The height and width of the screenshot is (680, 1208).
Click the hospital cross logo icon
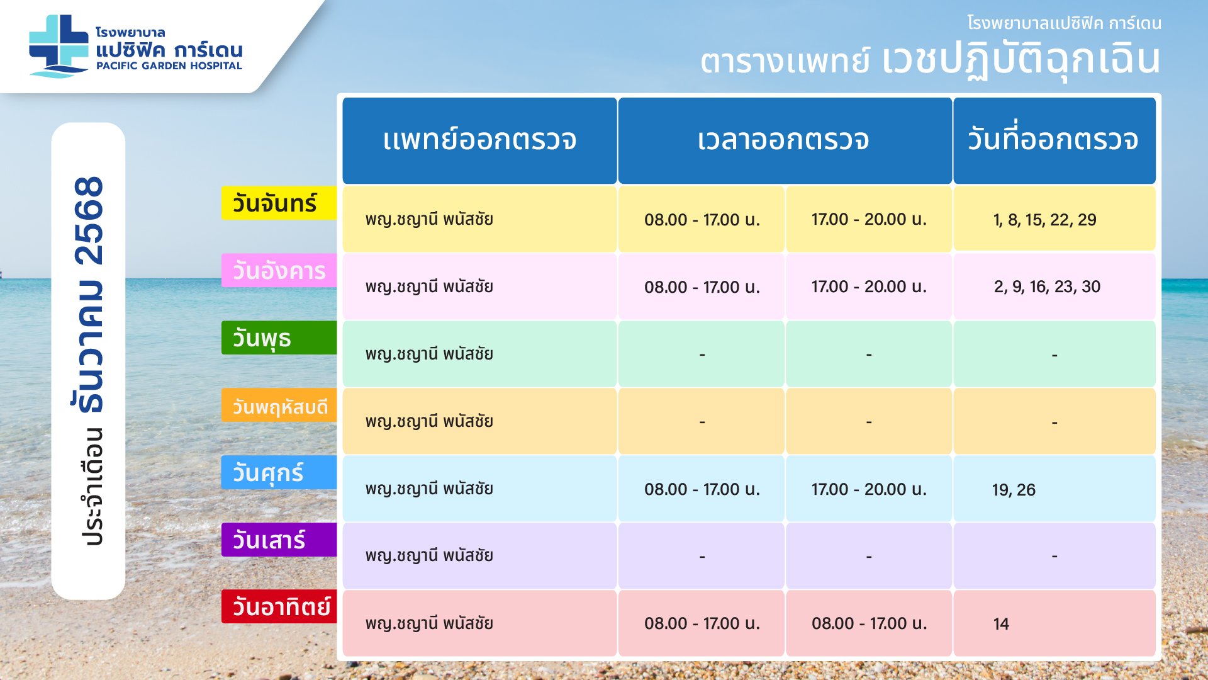(59, 46)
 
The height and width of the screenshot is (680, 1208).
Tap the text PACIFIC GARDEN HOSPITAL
(169, 65)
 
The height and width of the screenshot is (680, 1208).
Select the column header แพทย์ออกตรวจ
(479, 140)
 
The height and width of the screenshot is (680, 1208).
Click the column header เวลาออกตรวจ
(785, 140)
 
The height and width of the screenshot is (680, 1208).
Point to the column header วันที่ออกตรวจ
(1054, 140)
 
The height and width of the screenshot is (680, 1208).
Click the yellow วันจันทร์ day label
(279, 203)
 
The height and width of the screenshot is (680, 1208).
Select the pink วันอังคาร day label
(279, 271)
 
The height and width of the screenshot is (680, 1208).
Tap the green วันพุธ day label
(279, 338)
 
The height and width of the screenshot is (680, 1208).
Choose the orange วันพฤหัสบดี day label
(279, 405)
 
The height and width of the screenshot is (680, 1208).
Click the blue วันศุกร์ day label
(279, 473)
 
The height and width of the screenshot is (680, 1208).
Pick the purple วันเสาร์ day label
(279, 540)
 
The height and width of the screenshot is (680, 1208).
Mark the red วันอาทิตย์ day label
(279, 607)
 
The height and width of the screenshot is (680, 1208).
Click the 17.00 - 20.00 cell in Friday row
(869, 489)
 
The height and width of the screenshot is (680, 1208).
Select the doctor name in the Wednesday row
(429, 354)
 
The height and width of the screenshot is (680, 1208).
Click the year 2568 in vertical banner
(89, 220)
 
